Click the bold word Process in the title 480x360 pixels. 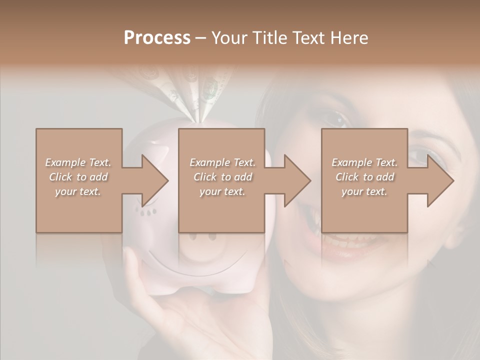click(x=157, y=38)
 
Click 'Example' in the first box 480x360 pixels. click(x=65, y=162)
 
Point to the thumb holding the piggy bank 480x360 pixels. click(x=131, y=265)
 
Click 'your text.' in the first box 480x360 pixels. click(x=78, y=191)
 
